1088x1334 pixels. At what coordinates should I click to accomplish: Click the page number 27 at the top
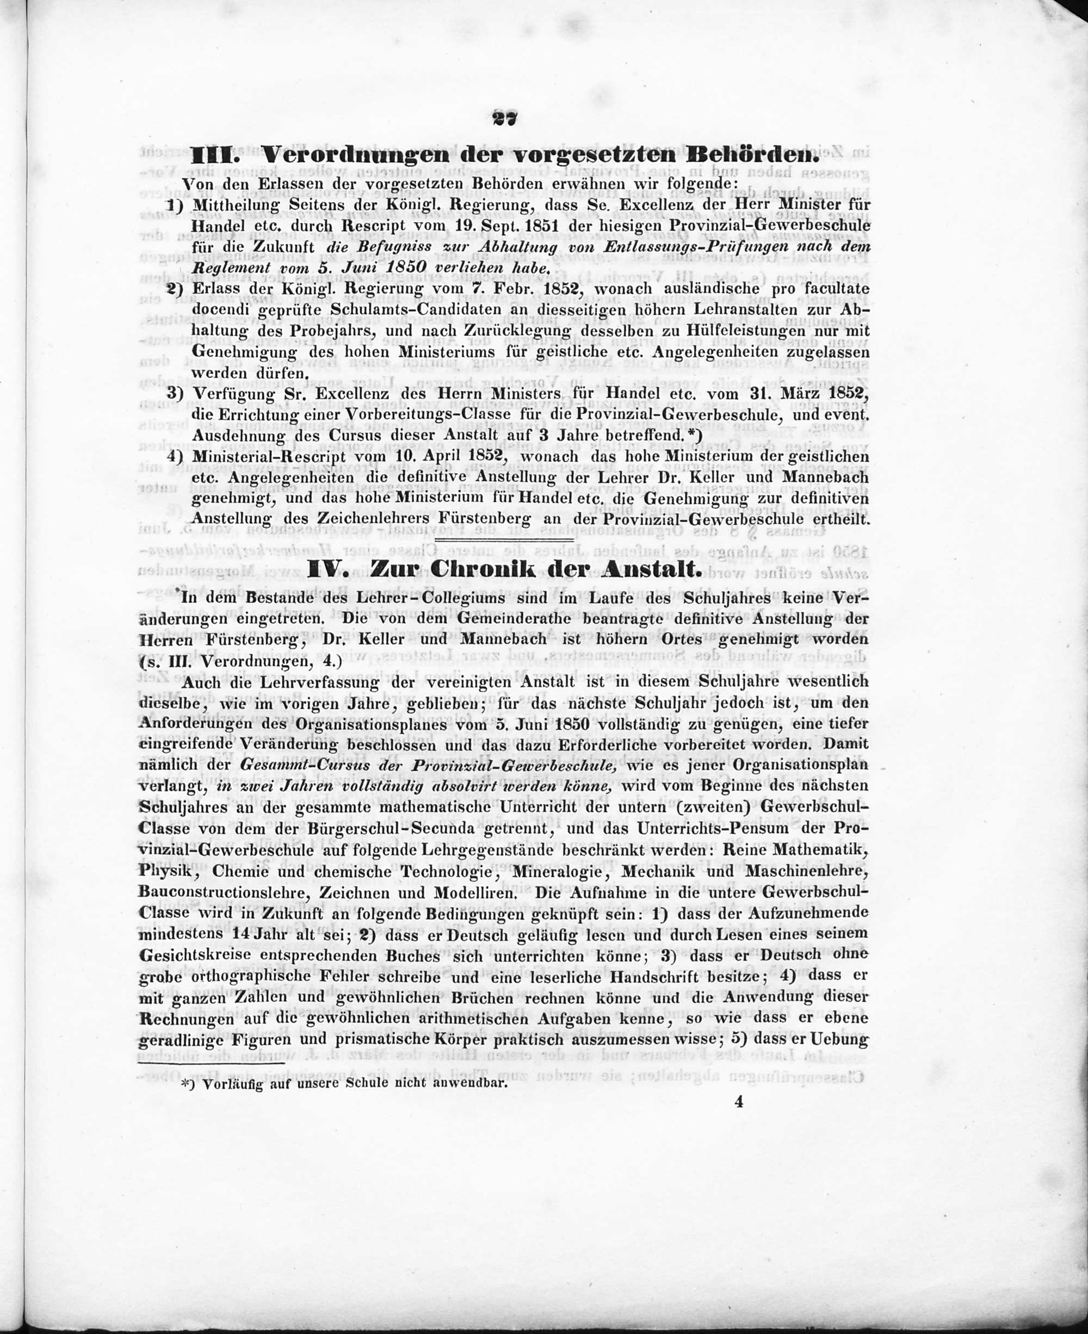[x=504, y=119]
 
